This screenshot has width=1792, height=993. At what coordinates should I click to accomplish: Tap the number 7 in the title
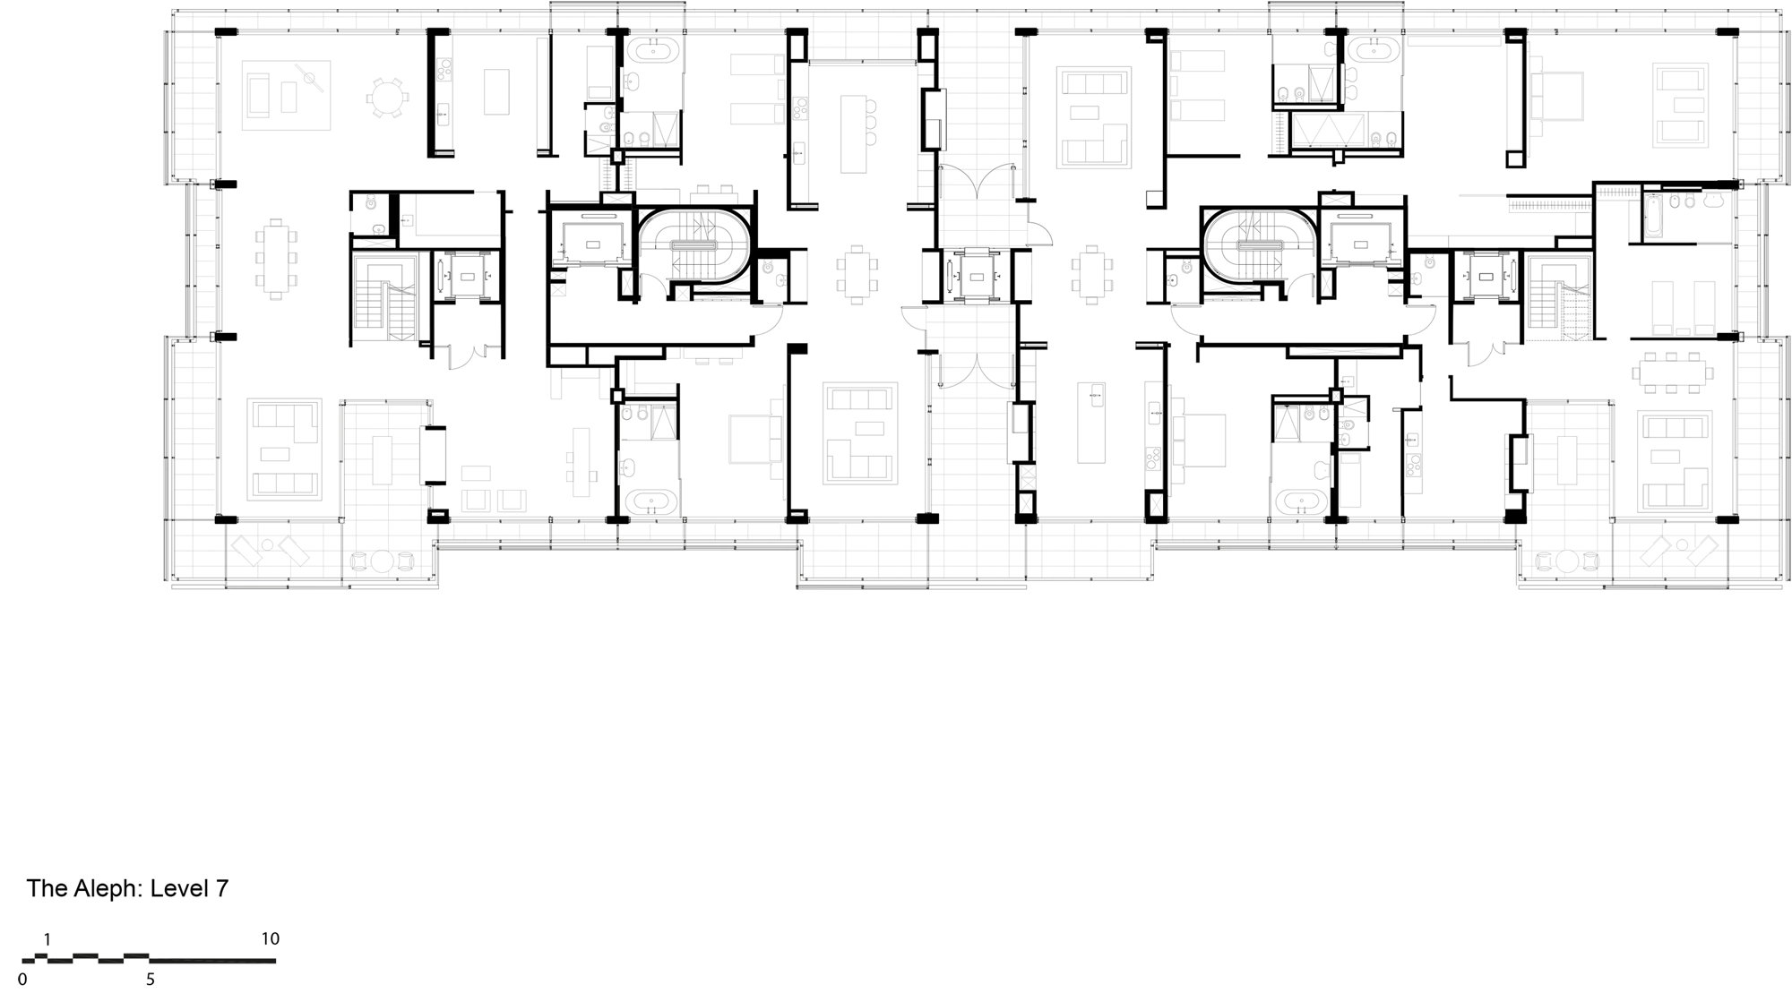(221, 889)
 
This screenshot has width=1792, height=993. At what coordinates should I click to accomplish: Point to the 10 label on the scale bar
(271, 939)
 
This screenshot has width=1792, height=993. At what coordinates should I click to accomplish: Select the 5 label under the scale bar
(151, 979)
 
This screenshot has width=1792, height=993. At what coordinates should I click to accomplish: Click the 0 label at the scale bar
(23, 979)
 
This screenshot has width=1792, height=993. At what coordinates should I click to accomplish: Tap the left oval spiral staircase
(694, 244)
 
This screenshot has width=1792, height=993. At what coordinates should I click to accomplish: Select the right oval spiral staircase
(1259, 244)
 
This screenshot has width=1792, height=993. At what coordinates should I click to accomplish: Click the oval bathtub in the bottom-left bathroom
(650, 501)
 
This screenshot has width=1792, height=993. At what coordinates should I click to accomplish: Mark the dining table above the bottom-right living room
(1671, 370)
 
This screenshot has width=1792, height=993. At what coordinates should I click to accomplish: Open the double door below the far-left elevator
(468, 356)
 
